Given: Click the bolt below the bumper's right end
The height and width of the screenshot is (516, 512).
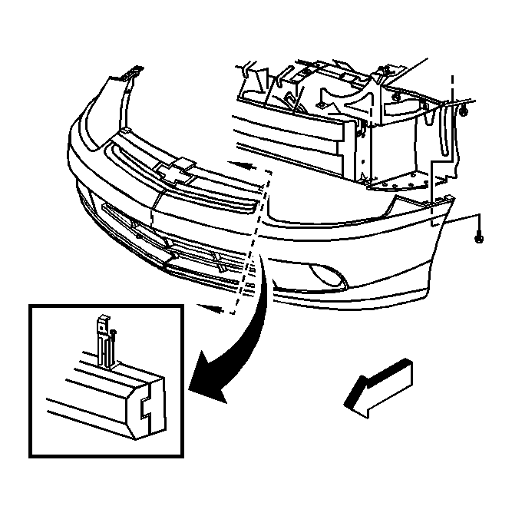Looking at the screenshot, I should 480,240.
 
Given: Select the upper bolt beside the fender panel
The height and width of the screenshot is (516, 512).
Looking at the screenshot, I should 466,114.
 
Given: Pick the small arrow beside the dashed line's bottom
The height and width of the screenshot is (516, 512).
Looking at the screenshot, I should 219,309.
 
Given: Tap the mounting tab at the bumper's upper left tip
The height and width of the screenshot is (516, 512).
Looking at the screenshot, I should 132,74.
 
